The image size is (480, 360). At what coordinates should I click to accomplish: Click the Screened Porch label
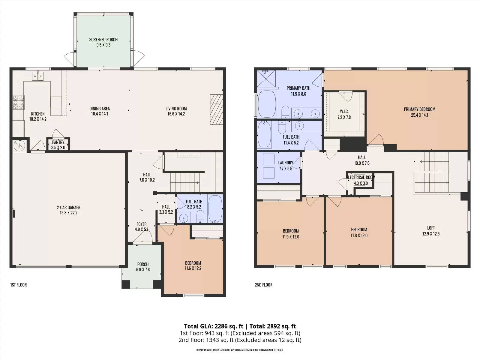(103, 40)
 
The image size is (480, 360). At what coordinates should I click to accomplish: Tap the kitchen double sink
(38, 76)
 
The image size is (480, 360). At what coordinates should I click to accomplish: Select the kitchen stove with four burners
(18, 102)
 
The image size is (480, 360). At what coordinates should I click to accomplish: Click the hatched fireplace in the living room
(217, 109)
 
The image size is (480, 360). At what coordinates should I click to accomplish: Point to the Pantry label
(58, 142)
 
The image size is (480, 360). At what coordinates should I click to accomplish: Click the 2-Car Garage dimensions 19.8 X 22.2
(68, 213)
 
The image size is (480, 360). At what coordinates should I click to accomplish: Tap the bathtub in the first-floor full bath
(215, 209)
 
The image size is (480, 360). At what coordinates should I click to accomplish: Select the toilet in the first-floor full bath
(200, 216)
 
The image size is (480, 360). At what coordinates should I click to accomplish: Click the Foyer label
(142, 224)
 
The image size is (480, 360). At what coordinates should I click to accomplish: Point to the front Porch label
(143, 264)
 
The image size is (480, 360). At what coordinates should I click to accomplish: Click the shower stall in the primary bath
(266, 79)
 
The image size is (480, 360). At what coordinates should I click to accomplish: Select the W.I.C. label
(344, 112)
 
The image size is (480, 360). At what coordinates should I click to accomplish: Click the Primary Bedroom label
(419, 109)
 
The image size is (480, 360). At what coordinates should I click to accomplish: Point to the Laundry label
(286, 163)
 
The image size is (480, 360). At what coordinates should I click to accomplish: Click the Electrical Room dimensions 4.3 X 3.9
(361, 183)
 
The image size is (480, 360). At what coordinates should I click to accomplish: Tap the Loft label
(431, 228)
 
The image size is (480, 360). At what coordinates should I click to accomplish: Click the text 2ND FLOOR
(263, 285)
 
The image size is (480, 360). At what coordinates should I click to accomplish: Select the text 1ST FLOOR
(18, 285)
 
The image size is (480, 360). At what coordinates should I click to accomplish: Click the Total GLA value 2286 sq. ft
(229, 326)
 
